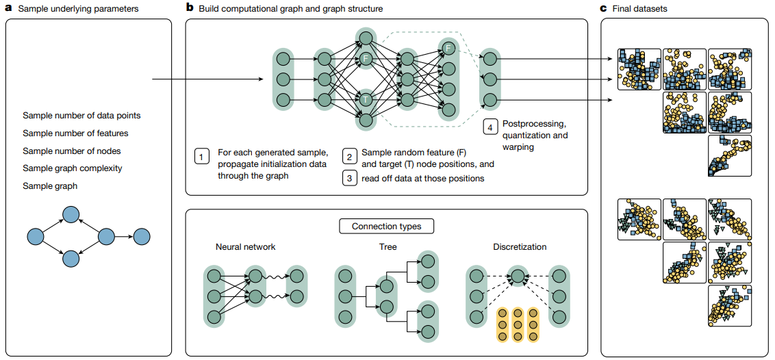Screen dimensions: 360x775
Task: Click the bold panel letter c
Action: [x=603, y=8]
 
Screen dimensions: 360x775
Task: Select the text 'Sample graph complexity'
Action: [x=71, y=168]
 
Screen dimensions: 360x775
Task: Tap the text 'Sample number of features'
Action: [x=75, y=133]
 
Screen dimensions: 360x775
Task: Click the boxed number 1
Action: [x=201, y=157]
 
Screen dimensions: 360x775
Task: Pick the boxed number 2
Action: [x=349, y=157]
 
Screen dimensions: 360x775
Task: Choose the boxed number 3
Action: [x=349, y=178]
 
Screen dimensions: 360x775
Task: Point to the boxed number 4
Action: [x=490, y=127]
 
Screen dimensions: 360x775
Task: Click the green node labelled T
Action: [x=366, y=100]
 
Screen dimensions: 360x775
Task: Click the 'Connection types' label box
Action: [x=386, y=226]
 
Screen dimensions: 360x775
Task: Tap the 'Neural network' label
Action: [x=245, y=246]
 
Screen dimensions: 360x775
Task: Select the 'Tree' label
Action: [x=387, y=246]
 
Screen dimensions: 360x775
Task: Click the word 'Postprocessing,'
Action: [x=532, y=124]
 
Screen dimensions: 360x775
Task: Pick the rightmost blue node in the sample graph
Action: [x=141, y=237]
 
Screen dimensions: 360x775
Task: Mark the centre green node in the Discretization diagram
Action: [x=518, y=277]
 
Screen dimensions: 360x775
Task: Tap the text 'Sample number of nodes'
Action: [x=71, y=151]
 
